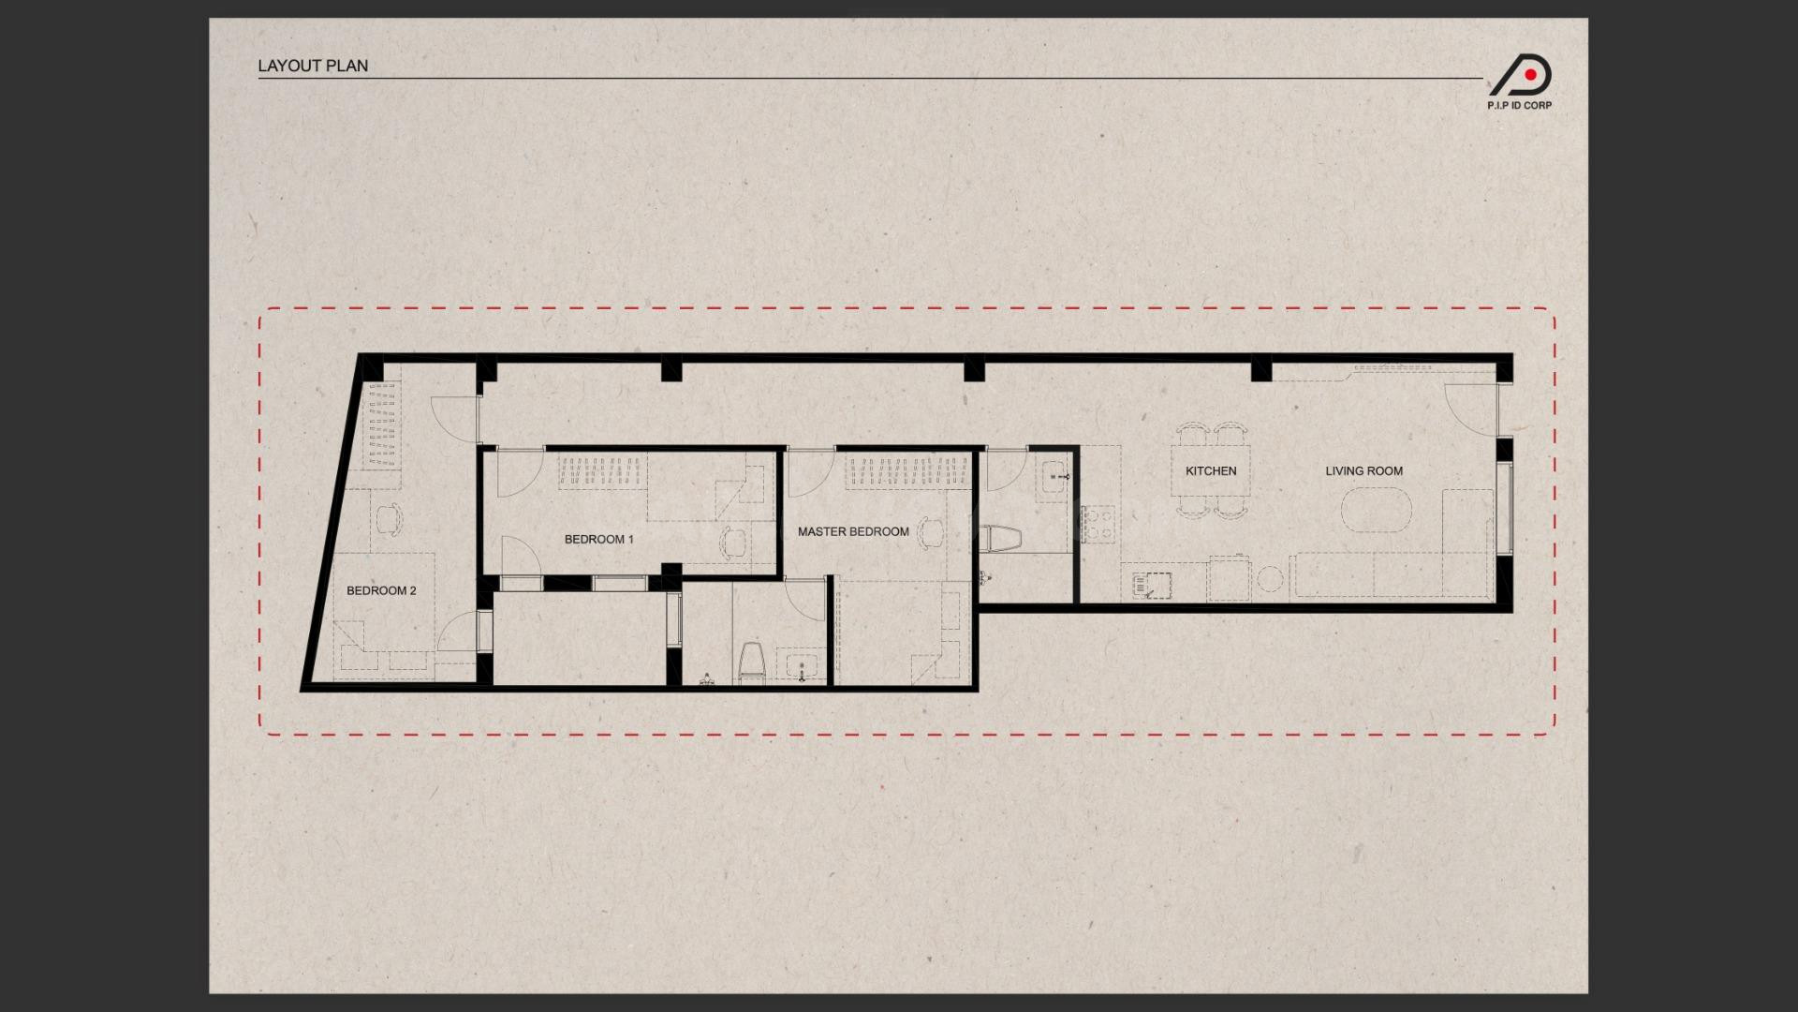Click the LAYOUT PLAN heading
313,66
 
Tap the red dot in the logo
1530,74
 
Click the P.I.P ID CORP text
1519,106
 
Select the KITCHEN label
1211,471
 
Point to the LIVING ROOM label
1363,471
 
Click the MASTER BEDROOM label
853,531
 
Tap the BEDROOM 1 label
599,540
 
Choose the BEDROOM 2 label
381,590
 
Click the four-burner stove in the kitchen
1098,525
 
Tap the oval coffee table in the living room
1376,513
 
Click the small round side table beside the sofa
1269,579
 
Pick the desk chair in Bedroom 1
733,543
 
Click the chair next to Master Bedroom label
931,532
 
